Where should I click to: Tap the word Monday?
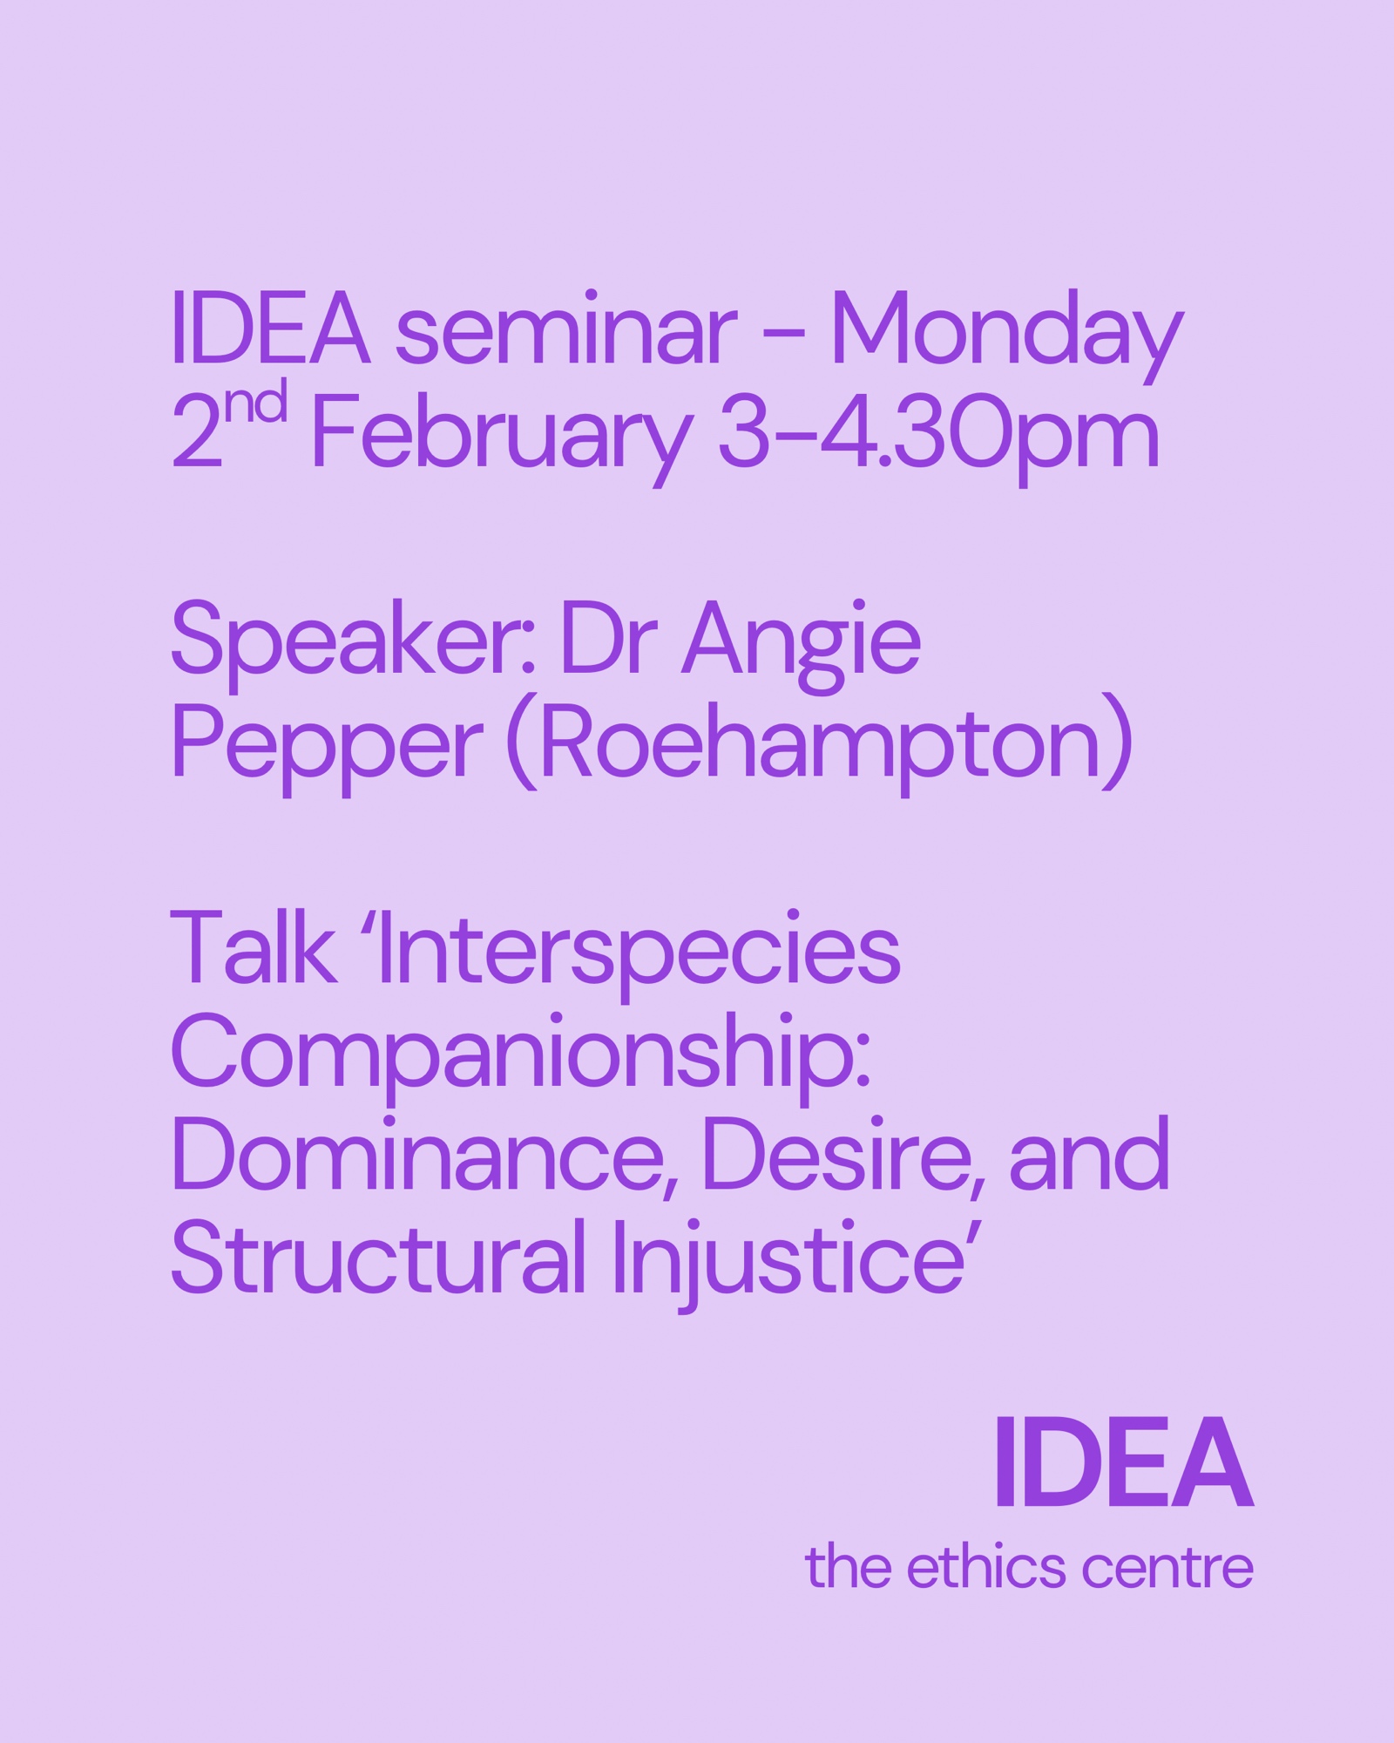[x=1007, y=336]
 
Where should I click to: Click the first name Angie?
[x=802, y=646]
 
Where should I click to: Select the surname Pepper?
[x=326, y=749]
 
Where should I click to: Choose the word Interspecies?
[x=639, y=955]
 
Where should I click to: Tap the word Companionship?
[x=521, y=1058]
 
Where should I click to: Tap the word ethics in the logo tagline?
[x=986, y=1568]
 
